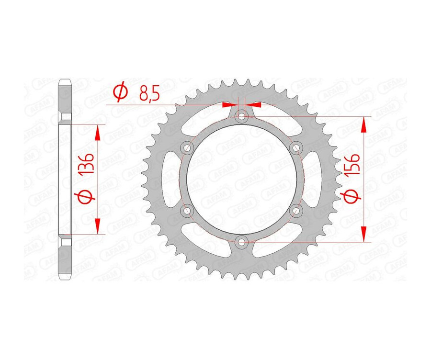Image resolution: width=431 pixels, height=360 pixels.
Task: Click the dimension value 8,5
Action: point(149,93)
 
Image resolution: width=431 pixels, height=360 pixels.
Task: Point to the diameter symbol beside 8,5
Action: point(121,91)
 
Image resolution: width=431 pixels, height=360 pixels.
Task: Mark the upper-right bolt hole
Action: point(296,147)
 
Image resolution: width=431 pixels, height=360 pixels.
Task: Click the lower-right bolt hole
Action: point(296,210)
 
